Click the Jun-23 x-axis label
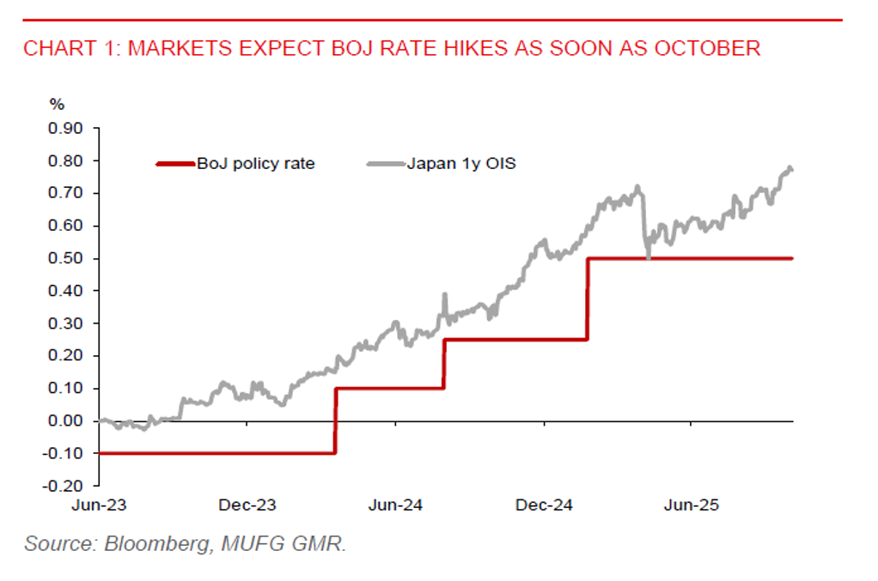point(100,505)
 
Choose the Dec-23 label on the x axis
point(247,505)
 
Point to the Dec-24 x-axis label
point(543,505)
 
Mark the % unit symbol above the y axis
point(57,105)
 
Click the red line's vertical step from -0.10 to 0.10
point(334,421)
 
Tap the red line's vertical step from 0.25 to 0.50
point(588,299)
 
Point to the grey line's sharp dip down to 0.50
point(648,255)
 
